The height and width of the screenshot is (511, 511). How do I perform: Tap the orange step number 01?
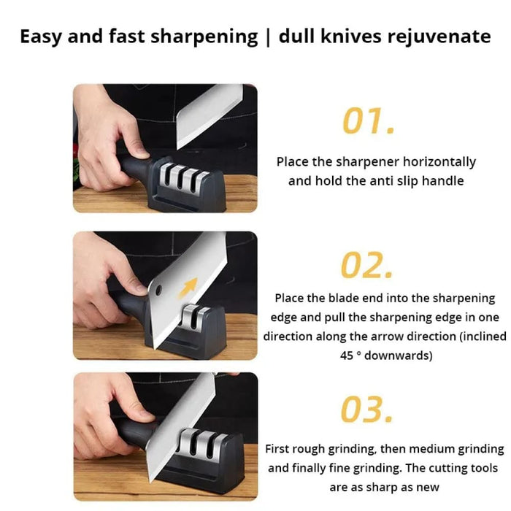click(369, 121)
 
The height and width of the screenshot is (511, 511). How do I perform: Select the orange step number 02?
click(369, 266)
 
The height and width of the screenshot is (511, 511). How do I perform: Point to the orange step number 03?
click(369, 411)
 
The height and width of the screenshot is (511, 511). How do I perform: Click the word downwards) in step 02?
click(401, 356)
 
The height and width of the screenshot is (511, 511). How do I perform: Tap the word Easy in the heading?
click(42, 36)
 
